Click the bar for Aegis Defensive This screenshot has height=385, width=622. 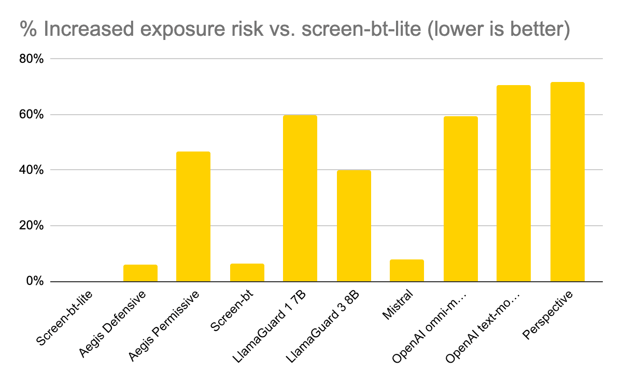point(140,273)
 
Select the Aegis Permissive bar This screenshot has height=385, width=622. point(193,217)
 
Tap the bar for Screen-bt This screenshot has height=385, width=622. point(247,273)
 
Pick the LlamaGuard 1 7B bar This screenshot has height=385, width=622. point(300,199)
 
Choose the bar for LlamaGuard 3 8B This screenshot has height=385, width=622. point(354,226)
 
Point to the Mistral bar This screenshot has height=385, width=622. point(407,271)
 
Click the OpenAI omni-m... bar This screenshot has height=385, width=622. point(460,199)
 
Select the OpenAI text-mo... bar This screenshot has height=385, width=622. point(514,184)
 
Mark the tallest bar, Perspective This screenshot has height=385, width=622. point(567,182)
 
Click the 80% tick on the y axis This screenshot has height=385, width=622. point(31,59)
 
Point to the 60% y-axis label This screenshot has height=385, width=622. point(31,115)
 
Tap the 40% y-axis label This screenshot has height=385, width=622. point(31,170)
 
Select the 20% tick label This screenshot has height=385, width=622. point(31,226)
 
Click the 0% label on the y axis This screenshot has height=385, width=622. point(34,282)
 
